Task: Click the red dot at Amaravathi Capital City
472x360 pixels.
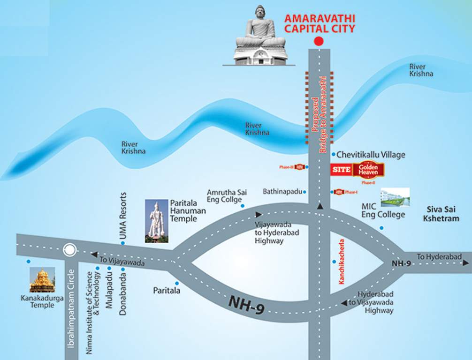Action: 319,41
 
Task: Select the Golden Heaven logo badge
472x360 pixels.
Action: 368,169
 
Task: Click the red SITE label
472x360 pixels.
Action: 341,169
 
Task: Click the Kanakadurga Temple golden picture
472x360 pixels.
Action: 42,280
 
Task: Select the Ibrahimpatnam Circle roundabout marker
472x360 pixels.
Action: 70,250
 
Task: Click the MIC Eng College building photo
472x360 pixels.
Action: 395,197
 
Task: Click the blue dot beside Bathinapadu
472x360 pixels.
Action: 305,192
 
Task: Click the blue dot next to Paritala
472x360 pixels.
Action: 177,283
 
